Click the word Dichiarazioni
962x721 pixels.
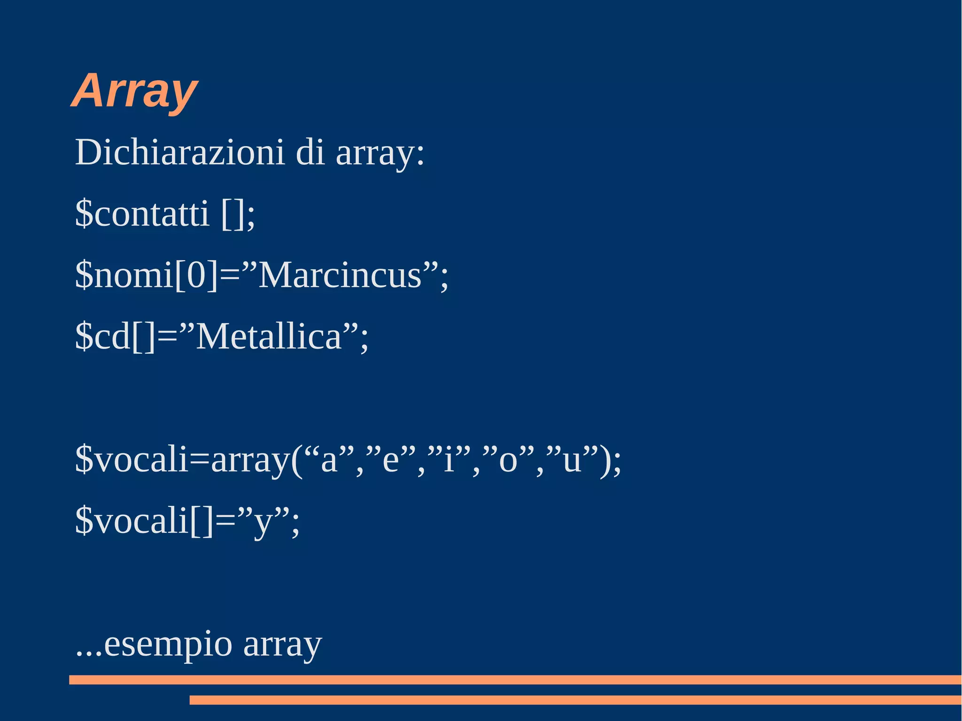tap(180, 152)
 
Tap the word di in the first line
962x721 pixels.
tap(310, 152)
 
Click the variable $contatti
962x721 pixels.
tap(142, 213)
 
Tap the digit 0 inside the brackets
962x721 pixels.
tap(196, 275)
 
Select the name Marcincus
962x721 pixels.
tap(340, 275)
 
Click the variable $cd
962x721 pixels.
tap(102, 336)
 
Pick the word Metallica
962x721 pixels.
tap(268, 336)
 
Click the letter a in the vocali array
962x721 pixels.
tap(329, 460)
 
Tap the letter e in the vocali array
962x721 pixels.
tap(391, 460)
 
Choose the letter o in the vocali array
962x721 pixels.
tap(508, 460)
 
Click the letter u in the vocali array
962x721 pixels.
tap(572, 460)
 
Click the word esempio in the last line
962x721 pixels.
tap(168, 644)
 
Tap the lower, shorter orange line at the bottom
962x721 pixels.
tap(575, 700)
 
